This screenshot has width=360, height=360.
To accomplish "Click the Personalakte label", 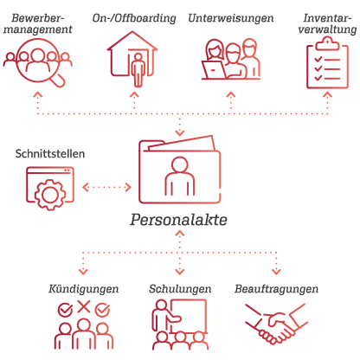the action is (x=178, y=220).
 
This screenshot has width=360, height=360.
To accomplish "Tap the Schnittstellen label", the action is (x=50, y=154).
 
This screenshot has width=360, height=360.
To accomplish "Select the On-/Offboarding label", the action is (x=134, y=18).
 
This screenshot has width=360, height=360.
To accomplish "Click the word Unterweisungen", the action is (x=231, y=18).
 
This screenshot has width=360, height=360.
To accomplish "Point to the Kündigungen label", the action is (x=83, y=289).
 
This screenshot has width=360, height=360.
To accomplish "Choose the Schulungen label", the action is (x=180, y=289).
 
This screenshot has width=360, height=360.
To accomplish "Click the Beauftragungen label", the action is (x=276, y=289).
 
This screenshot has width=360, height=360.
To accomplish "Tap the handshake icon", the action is (x=275, y=323).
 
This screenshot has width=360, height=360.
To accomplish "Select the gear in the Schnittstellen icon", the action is (x=50, y=195).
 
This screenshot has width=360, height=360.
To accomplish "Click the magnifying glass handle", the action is (x=59, y=80).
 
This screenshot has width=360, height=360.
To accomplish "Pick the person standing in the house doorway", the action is (x=138, y=70).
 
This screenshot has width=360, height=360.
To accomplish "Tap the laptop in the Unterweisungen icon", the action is (x=214, y=69).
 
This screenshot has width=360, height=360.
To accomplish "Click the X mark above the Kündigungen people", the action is (x=84, y=306).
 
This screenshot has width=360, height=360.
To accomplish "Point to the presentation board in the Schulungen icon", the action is (x=189, y=316).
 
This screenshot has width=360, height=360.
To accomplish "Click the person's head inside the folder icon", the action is (x=180, y=165).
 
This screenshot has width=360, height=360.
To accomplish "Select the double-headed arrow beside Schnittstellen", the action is (x=106, y=187).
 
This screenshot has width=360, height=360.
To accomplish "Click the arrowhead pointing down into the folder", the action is (x=180, y=133).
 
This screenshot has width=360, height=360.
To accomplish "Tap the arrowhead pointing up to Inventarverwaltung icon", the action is (x=327, y=95).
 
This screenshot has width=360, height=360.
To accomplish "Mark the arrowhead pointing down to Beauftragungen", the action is (x=276, y=272).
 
